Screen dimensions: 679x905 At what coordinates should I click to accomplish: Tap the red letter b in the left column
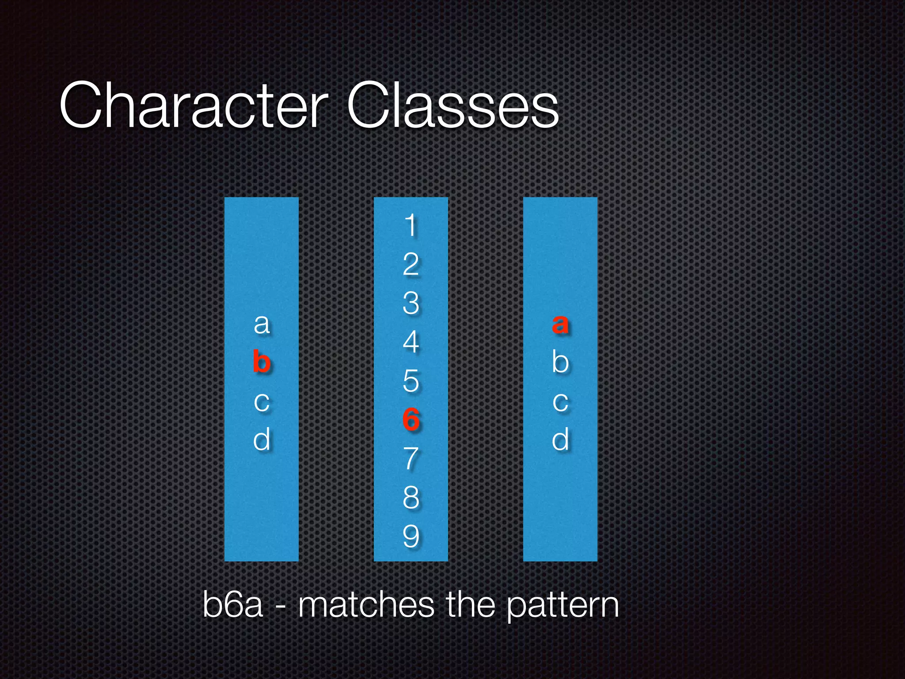coord(262,362)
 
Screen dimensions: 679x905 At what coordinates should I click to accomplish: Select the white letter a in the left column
coord(262,324)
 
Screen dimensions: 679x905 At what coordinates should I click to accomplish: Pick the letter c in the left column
coord(262,402)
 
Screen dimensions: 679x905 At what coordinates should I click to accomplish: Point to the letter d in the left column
coord(262,440)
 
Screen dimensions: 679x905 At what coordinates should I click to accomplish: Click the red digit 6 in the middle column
coord(411,420)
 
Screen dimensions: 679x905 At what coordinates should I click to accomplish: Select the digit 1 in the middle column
coord(411,225)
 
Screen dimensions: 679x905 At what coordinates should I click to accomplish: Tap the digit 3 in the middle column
coord(411,303)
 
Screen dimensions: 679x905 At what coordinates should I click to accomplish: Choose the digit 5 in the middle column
coord(411,381)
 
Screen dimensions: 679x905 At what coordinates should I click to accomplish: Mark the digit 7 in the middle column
coord(411,458)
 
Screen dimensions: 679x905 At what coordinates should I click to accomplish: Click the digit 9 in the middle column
coord(411,536)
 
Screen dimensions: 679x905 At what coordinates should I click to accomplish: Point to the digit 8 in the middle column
coord(411,497)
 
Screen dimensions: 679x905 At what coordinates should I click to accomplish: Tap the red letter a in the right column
coord(560,324)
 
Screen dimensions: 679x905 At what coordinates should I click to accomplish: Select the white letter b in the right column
coord(560,362)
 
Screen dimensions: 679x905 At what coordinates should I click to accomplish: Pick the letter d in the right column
coord(560,440)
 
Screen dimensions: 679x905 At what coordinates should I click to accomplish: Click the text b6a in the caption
coord(233,604)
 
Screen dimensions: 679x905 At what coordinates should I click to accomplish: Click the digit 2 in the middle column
coord(411,264)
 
